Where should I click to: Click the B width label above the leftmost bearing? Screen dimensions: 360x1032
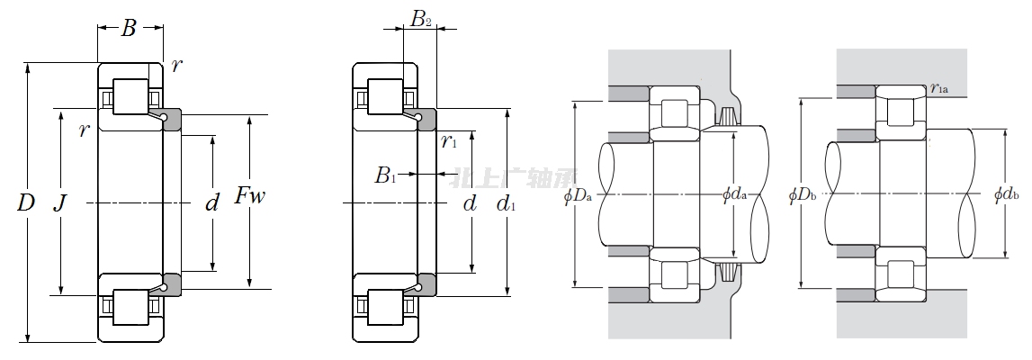129,29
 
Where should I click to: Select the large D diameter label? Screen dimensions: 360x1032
25,203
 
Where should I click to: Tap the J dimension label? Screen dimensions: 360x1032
59,203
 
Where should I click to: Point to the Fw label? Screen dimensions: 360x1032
250,196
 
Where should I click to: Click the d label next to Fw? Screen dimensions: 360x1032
212,203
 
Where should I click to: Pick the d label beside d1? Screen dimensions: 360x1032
470,203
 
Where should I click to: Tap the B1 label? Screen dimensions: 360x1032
385,175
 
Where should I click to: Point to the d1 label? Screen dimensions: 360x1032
507,204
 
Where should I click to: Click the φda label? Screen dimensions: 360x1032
735,194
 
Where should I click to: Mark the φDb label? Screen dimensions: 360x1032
802,194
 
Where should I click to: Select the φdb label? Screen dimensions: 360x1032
1006,193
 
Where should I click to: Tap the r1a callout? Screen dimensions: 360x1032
940,88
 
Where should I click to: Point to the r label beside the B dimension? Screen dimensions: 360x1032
175,66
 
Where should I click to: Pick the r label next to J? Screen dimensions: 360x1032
84,130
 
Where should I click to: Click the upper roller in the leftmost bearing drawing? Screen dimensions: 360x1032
130,97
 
